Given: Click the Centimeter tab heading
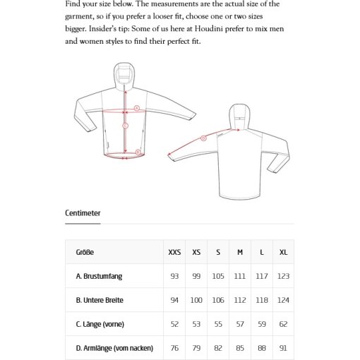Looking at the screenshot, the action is pos(83,213).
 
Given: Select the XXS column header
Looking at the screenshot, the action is pos(174,252).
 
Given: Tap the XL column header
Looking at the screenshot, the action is pos(283,252).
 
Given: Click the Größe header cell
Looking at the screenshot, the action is pos(85,252).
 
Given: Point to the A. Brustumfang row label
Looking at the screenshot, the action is pos(99,276).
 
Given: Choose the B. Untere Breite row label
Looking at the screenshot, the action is pos(100,300).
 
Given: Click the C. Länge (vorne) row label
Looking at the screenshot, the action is pos(100,324).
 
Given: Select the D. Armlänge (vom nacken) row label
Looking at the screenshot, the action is pos(114,348).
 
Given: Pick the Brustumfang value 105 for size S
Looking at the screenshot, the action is pos(218,276).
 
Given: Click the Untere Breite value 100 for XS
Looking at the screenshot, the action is pos(196,300).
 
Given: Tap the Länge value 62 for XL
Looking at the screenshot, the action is pos(283,324).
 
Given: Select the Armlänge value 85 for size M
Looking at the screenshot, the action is pos(240,348).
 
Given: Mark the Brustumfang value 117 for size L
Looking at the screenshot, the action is pos(262,276).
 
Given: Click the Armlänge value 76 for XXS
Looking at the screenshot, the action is pos(174,348).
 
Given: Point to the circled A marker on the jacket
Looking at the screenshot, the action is pos(137,108).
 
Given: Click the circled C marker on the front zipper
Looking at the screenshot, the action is pos(126,126).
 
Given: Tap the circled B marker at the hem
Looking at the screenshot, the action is pos(138,152).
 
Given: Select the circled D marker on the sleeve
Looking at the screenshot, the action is pos(204,138).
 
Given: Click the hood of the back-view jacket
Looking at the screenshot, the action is pos(239,117).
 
